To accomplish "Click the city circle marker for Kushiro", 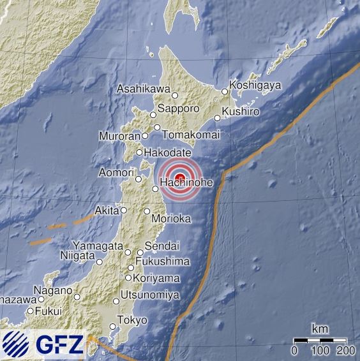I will pyautogui.click(x=218, y=117).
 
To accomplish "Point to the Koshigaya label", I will pyautogui.click(x=255, y=85).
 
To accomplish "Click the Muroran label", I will pyautogui.click(x=119, y=136).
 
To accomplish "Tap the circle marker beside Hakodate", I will pyautogui.click(x=140, y=152).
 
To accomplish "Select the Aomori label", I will pyautogui.click(x=116, y=173).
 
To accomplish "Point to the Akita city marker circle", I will pyautogui.click(x=124, y=210).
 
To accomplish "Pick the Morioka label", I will pyautogui.click(x=172, y=219).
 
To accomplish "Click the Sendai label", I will pyautogui.click(x=162, y=246).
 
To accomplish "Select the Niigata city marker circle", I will pyautogui.click(x=100, y=262).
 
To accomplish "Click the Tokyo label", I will pyautogui.click(x=133, y=320).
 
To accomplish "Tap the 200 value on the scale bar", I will pyautogui.click(x=345, y=350).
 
